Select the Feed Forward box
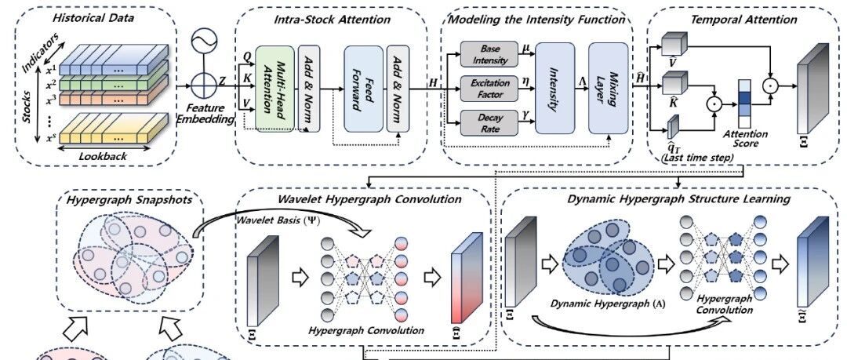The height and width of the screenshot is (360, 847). (363, 89)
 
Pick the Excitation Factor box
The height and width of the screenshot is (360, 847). (484, 89)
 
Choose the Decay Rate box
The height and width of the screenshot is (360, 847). (484, 124)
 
